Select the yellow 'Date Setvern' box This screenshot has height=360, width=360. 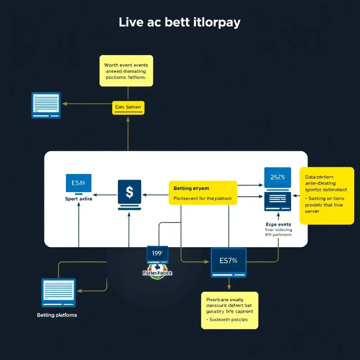128,107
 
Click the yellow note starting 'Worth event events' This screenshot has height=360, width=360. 126,71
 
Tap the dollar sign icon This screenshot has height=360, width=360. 129,192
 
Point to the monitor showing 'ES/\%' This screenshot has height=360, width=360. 78,183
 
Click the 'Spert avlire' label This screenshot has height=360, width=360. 78,199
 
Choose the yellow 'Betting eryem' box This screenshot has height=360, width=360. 203,193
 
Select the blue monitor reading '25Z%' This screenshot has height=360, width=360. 277,178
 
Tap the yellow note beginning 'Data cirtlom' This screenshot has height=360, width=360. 327,195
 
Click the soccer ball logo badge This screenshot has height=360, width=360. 157,273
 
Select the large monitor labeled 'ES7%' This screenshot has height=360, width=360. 229,262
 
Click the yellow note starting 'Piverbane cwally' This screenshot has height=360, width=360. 230,310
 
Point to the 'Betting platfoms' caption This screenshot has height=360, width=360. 57,315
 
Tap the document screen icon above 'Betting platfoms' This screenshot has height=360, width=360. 58,292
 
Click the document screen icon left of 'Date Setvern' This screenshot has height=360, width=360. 46,105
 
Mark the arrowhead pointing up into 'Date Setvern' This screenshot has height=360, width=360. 128,120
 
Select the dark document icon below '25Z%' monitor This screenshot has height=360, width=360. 278,201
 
